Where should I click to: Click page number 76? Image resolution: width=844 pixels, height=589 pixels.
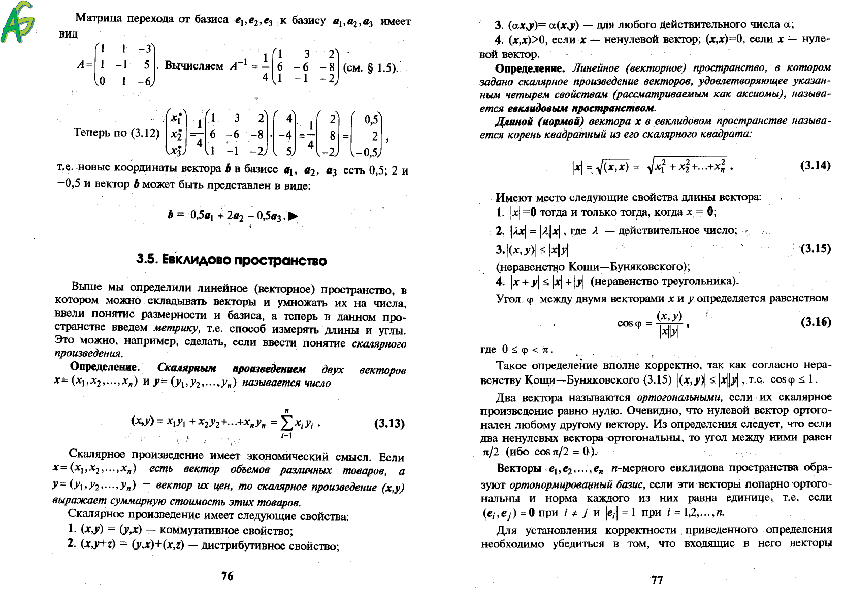pos(227,575)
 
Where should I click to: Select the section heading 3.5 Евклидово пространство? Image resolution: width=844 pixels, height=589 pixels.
pos(231,260)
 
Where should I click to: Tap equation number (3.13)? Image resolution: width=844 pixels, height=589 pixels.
pos(389,423)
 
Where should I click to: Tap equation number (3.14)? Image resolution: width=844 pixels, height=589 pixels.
pos(815,165)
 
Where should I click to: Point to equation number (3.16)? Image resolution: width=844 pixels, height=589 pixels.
pos(816,322)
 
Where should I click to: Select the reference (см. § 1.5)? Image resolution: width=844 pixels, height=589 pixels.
pos(371,67)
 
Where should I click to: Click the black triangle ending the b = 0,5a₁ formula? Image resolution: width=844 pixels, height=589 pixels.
pos(293,216)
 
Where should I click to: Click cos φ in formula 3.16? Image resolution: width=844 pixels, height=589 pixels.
pos(630,323)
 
